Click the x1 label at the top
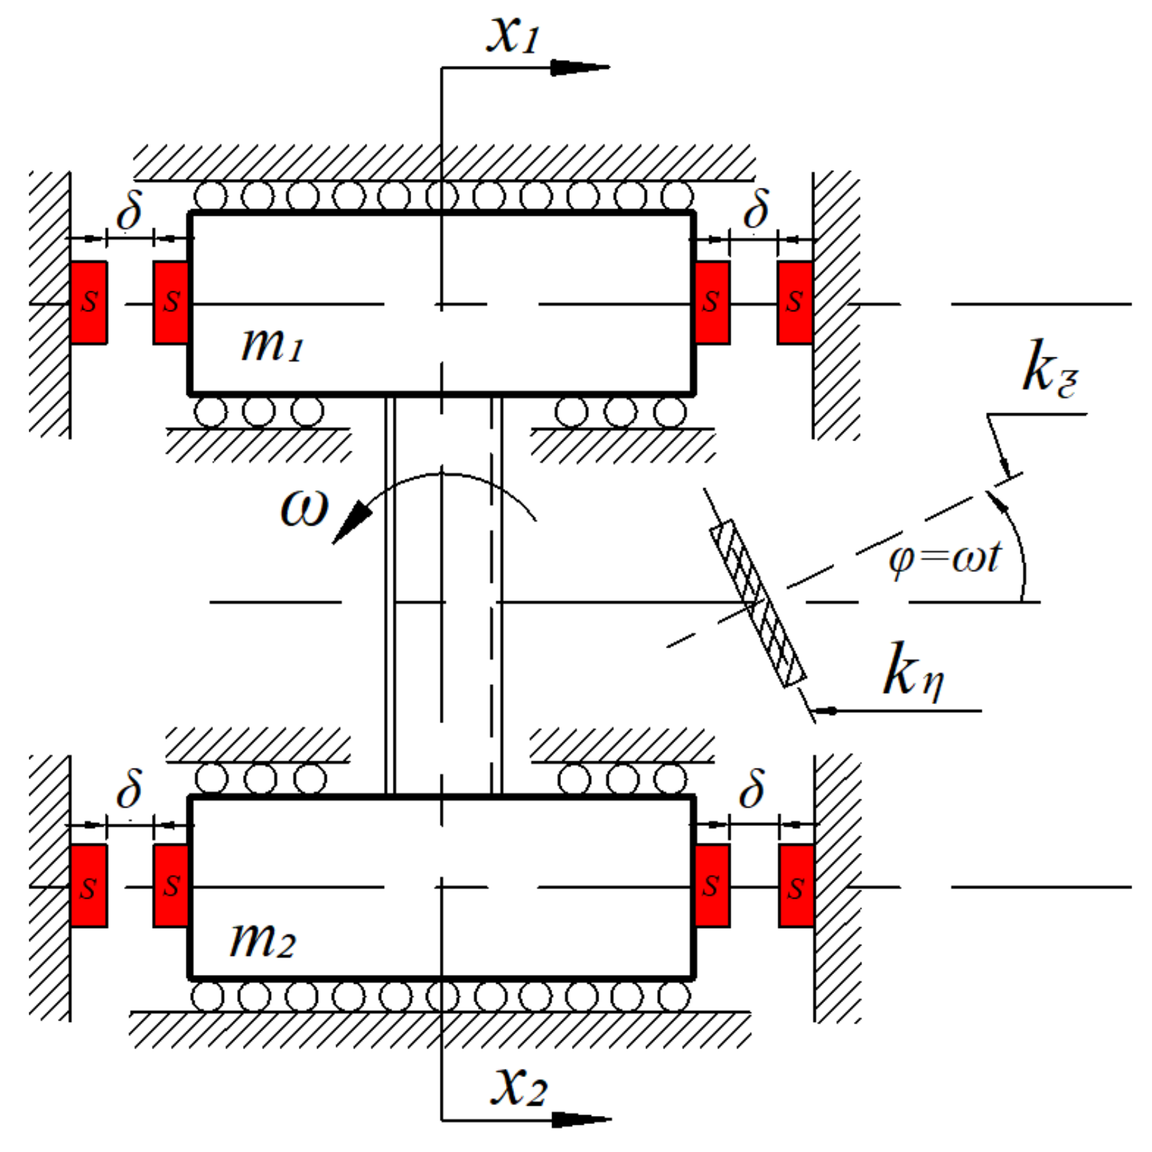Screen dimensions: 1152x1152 [x=513, y=34]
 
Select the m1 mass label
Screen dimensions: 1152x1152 [x=272, y=345]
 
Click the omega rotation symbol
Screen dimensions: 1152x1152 [x=304, y=507]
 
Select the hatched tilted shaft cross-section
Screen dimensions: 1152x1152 [x=758, y=603]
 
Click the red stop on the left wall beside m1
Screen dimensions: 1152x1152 [x=89, y=302]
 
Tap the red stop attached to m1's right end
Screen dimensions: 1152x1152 [x=712, y=302]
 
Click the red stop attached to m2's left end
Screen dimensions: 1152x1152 [x=171, y=885]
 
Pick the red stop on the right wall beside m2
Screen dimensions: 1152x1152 [x=796, y=885]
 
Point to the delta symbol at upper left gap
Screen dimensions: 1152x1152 [x=129, y=210]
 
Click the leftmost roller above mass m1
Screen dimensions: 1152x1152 [x=210, y=197]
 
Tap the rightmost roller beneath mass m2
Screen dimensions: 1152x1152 [x=673, y=997]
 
